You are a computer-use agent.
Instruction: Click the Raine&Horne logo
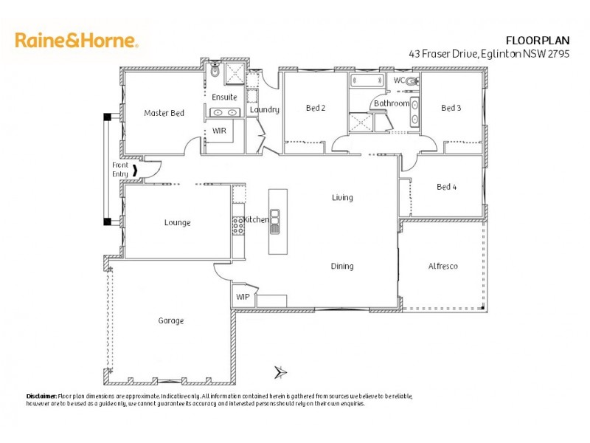click(x=76, y=40)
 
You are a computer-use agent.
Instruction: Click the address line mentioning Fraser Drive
click(x=499, y=53)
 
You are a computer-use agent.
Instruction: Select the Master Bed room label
click(x=164, y=113)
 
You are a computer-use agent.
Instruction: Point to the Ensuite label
click(x=224, y=97)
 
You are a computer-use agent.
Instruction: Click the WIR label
click(x=219, y=130)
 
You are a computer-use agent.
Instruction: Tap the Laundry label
click(x=264, y=110)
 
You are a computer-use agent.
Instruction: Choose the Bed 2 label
click(x=316, y=108)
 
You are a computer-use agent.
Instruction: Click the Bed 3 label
click(x=451, y=108)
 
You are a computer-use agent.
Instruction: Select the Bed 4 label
click(x=446, y=187)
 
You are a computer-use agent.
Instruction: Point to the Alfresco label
click(x=442, y=266)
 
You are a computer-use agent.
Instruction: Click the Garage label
click(x=170, y=320)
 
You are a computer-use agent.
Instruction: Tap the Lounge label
click(x=177, y=222)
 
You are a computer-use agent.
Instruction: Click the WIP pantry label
click(x=243, y=297)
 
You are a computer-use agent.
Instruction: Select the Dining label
click(x=341, y=266)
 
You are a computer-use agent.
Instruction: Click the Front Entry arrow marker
click(x=134, y=174)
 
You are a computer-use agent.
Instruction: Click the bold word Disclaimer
click(x=41, y=396)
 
